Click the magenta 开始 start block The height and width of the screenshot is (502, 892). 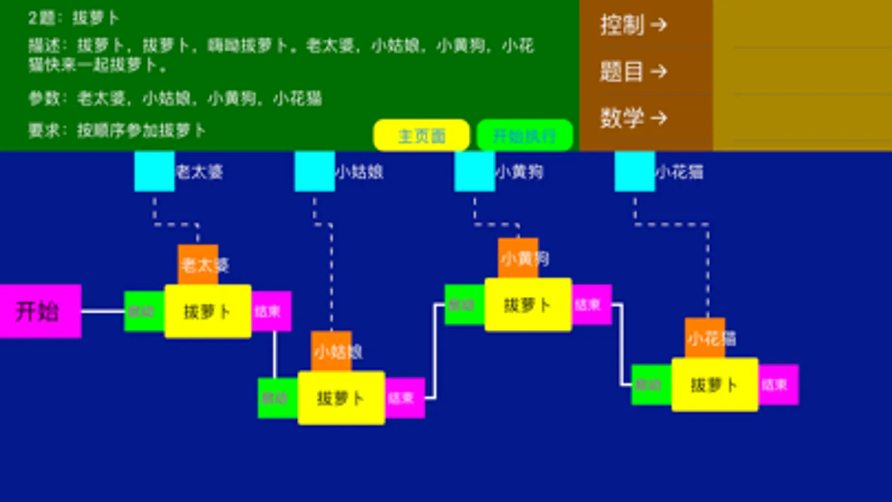click(x=40, y=311)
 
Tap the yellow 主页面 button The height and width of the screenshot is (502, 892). click(x=421, y=136)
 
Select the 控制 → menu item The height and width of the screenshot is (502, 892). click(x=633, y=25)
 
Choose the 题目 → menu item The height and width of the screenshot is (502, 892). click(x=633, y=71)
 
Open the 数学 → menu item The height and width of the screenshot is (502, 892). click(x=633, y=118)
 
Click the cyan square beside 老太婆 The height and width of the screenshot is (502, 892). click(x=154, y=171)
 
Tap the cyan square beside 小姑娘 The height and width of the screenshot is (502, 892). click(x=314, y=171)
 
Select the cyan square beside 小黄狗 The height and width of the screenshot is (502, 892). click(x=474, y=171)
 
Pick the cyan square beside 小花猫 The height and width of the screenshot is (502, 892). click(x=634, y=171)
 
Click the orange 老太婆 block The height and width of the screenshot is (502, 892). click(x=198, y=264)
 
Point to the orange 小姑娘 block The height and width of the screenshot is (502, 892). click(x=331, y=351)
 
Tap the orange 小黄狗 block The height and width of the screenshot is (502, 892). click(x=518, y=258)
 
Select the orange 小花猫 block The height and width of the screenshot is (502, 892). click(x=705, y=337)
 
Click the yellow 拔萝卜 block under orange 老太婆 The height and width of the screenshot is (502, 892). click(x=208, y=311)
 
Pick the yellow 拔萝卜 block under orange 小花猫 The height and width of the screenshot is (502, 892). click(x=715, y=385)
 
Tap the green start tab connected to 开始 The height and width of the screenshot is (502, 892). click(x=143, y=311)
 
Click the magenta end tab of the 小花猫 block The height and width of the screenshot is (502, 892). click(x=778, y=385)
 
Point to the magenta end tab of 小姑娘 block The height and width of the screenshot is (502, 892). click(x=404, y=398)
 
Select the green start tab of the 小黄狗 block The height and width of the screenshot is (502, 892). click(x=464, y=305)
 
